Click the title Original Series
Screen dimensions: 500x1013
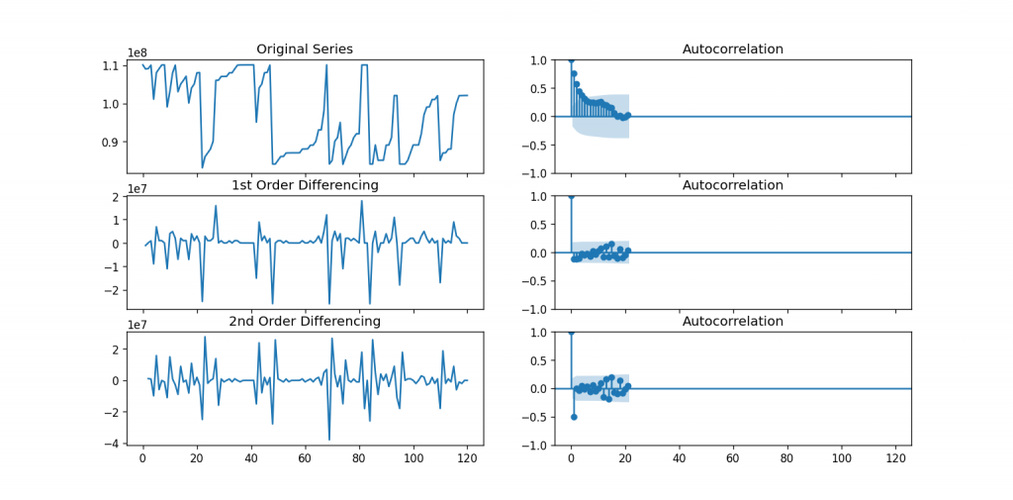click(x=304, y=50)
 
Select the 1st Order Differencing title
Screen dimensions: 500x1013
click(x=304, y=185)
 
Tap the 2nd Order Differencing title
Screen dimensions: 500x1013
click(x=304, y=321)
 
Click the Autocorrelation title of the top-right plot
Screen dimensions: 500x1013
click(x=732, y=50)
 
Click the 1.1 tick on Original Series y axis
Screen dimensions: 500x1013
click(x=110, y=65)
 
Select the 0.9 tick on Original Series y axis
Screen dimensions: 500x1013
click(x=110, y=142)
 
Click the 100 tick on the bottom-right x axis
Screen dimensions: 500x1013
click(x=842, y=459)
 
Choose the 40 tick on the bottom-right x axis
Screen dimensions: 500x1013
click(x=679, y=459)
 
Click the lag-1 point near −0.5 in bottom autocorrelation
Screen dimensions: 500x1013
click(x=574, y=417)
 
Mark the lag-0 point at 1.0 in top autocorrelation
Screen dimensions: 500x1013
click(x=571, y=60)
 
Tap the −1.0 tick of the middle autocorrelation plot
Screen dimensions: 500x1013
click(x=534, y=309)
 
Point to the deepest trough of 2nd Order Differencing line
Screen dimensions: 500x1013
click(x=329, y=439)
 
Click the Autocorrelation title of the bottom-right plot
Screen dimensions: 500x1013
click(x=732, y=321)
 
